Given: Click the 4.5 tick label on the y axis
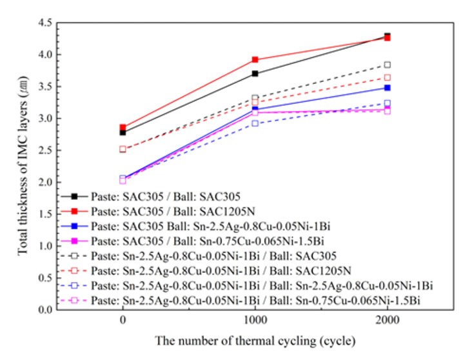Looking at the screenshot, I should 44,23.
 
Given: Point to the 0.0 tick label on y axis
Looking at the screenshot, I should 44,310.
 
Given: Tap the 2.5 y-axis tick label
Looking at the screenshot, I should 44,150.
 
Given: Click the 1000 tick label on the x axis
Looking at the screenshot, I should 255,321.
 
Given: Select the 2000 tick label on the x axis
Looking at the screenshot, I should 387,321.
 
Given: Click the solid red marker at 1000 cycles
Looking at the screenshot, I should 255,60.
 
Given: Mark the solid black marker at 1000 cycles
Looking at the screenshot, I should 255,74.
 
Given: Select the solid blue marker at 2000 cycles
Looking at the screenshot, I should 387,88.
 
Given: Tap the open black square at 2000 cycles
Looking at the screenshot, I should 387,65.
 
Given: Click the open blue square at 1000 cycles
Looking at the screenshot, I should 255,123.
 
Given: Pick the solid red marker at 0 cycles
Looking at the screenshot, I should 123,128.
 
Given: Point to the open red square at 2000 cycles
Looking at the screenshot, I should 387,77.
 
